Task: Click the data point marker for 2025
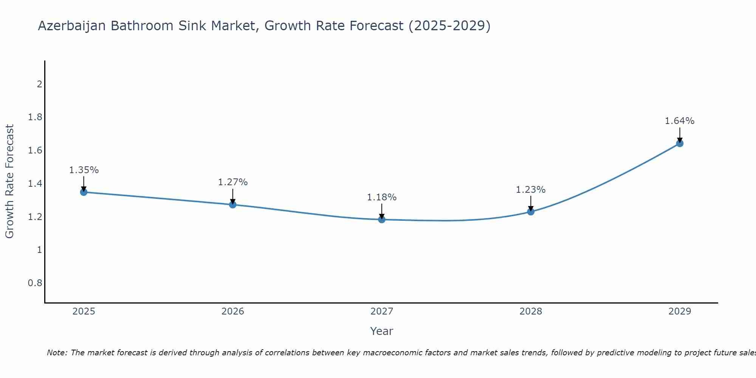click(84, 192)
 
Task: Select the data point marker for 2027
click(382, 219)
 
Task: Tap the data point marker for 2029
click(680, 143)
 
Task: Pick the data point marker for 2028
click(531, 211)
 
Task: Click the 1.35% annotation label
click(84, 170)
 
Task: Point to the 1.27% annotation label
click(232, 182)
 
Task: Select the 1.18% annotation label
click(382, 197)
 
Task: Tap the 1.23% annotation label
click(531, 190)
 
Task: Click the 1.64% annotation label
click(680, 121)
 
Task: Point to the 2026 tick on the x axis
click(232, 311)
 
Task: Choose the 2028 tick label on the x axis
click(531, 311)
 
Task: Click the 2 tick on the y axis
click(39, 84)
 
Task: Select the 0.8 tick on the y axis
click(35, 283)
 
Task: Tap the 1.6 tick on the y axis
click(35, 150)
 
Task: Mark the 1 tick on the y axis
click(39, 250)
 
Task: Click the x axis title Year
click(382, 331)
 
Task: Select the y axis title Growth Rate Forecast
click(9, 181)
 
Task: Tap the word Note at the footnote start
click(57, 353)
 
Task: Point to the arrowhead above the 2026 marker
click(232, 201)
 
